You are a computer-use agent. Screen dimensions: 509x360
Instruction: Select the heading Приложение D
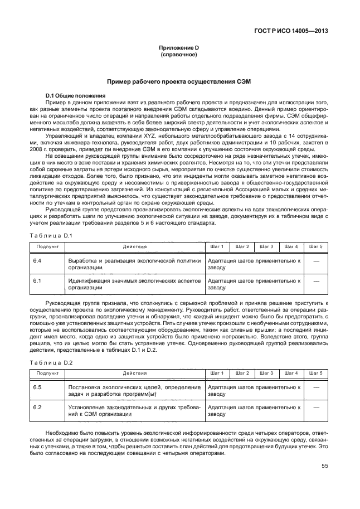[x=179, y=49]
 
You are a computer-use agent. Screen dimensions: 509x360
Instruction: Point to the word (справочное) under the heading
[x=179, y=56]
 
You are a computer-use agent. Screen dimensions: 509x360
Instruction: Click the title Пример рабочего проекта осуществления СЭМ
[x=179, y=81]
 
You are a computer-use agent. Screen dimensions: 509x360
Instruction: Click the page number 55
[x=324, y=467]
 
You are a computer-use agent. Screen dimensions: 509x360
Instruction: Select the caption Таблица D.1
[x=52, y=236]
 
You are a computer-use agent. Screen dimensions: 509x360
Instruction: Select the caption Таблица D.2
[x=52, y=362]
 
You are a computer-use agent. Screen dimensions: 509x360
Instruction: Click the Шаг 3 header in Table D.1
[x=267, y=246]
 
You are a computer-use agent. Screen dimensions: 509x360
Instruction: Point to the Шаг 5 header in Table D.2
[x=315, y=373]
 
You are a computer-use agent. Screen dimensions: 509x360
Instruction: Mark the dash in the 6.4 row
[x=316, y=260]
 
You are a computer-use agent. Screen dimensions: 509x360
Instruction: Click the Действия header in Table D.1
[x=135, y=246]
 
